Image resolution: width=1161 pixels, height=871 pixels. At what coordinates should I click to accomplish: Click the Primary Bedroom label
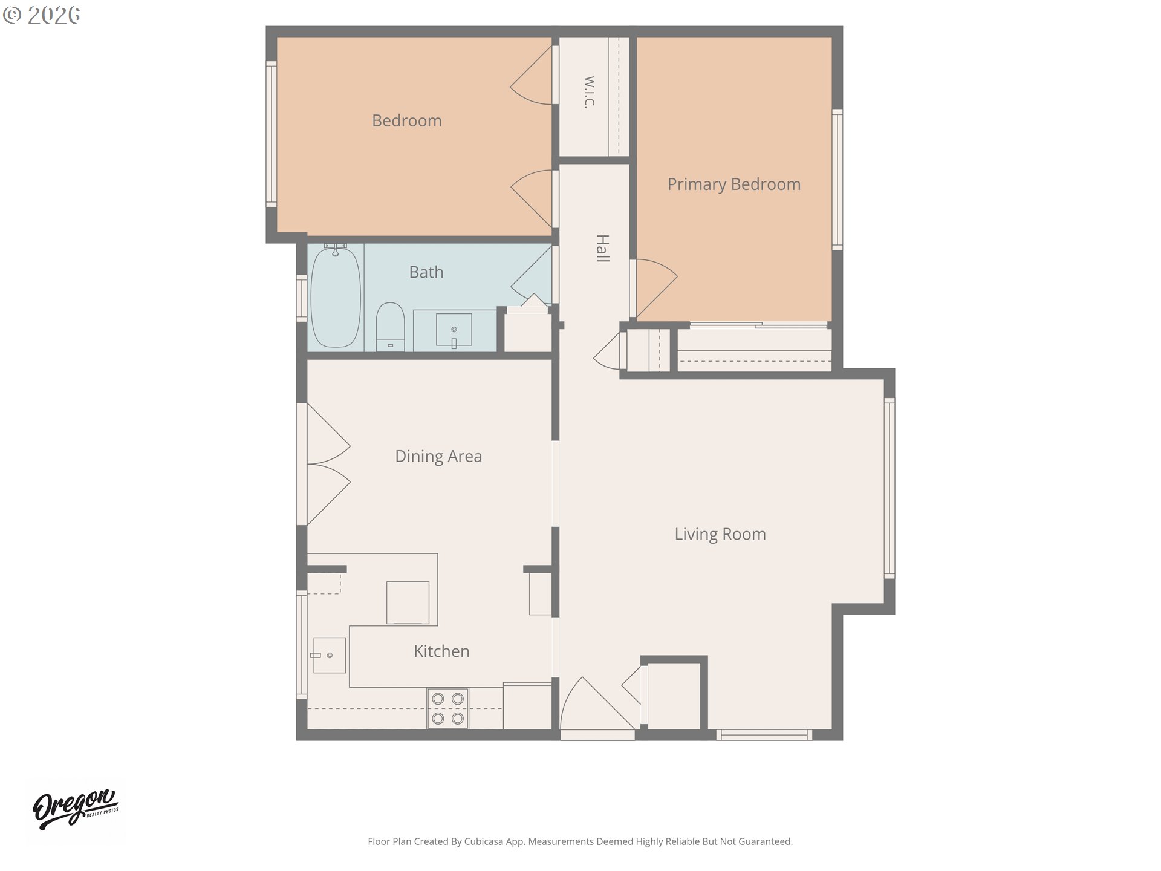734,184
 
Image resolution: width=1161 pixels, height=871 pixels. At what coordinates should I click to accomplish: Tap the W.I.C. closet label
590,92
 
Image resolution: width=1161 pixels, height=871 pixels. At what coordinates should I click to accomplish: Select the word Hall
603,248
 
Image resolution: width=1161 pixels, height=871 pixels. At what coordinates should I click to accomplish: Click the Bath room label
426,272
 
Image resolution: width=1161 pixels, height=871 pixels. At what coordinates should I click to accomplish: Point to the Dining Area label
438,456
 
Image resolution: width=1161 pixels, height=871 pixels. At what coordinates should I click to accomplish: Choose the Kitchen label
441,651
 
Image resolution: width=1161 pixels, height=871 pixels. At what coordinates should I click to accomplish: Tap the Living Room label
720,534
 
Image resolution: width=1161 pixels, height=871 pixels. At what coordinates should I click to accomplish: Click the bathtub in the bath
336,297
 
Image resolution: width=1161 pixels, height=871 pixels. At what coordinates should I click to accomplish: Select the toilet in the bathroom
390,327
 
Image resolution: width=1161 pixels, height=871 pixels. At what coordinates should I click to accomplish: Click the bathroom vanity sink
454,330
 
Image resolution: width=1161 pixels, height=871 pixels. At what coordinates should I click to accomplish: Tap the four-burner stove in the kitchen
448,708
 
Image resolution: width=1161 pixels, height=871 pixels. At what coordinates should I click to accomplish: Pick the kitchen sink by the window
330,655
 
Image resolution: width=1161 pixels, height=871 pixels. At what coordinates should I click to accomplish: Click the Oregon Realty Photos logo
76,810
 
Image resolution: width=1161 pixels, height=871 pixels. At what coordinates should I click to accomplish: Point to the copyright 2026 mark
41,15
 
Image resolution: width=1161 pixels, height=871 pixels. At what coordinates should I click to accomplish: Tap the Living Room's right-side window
889,488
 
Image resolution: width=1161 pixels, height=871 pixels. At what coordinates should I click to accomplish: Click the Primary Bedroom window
837,180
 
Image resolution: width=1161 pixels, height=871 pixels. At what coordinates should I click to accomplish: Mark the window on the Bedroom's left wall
272,134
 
